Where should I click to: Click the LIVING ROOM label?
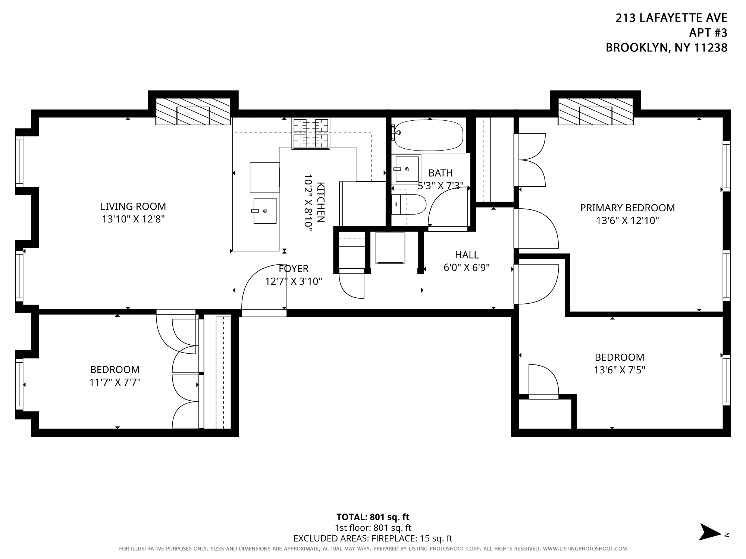click(133, 206)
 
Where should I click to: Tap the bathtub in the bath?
click(429, 135)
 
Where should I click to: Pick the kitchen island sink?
click(265, 211)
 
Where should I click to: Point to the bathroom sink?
click(406, 169)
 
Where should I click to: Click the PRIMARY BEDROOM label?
click(627, 208)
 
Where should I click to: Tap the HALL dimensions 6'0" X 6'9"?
click(467, 268)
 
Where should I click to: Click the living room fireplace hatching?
click(193, 111)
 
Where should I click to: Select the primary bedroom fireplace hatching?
click(595, 111)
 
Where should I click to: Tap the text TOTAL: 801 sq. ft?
click(373, 517)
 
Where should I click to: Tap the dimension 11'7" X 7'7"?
click(115, 382)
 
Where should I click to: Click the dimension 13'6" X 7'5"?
click(620, 370)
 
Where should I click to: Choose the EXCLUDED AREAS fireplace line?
click(373, 538)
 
